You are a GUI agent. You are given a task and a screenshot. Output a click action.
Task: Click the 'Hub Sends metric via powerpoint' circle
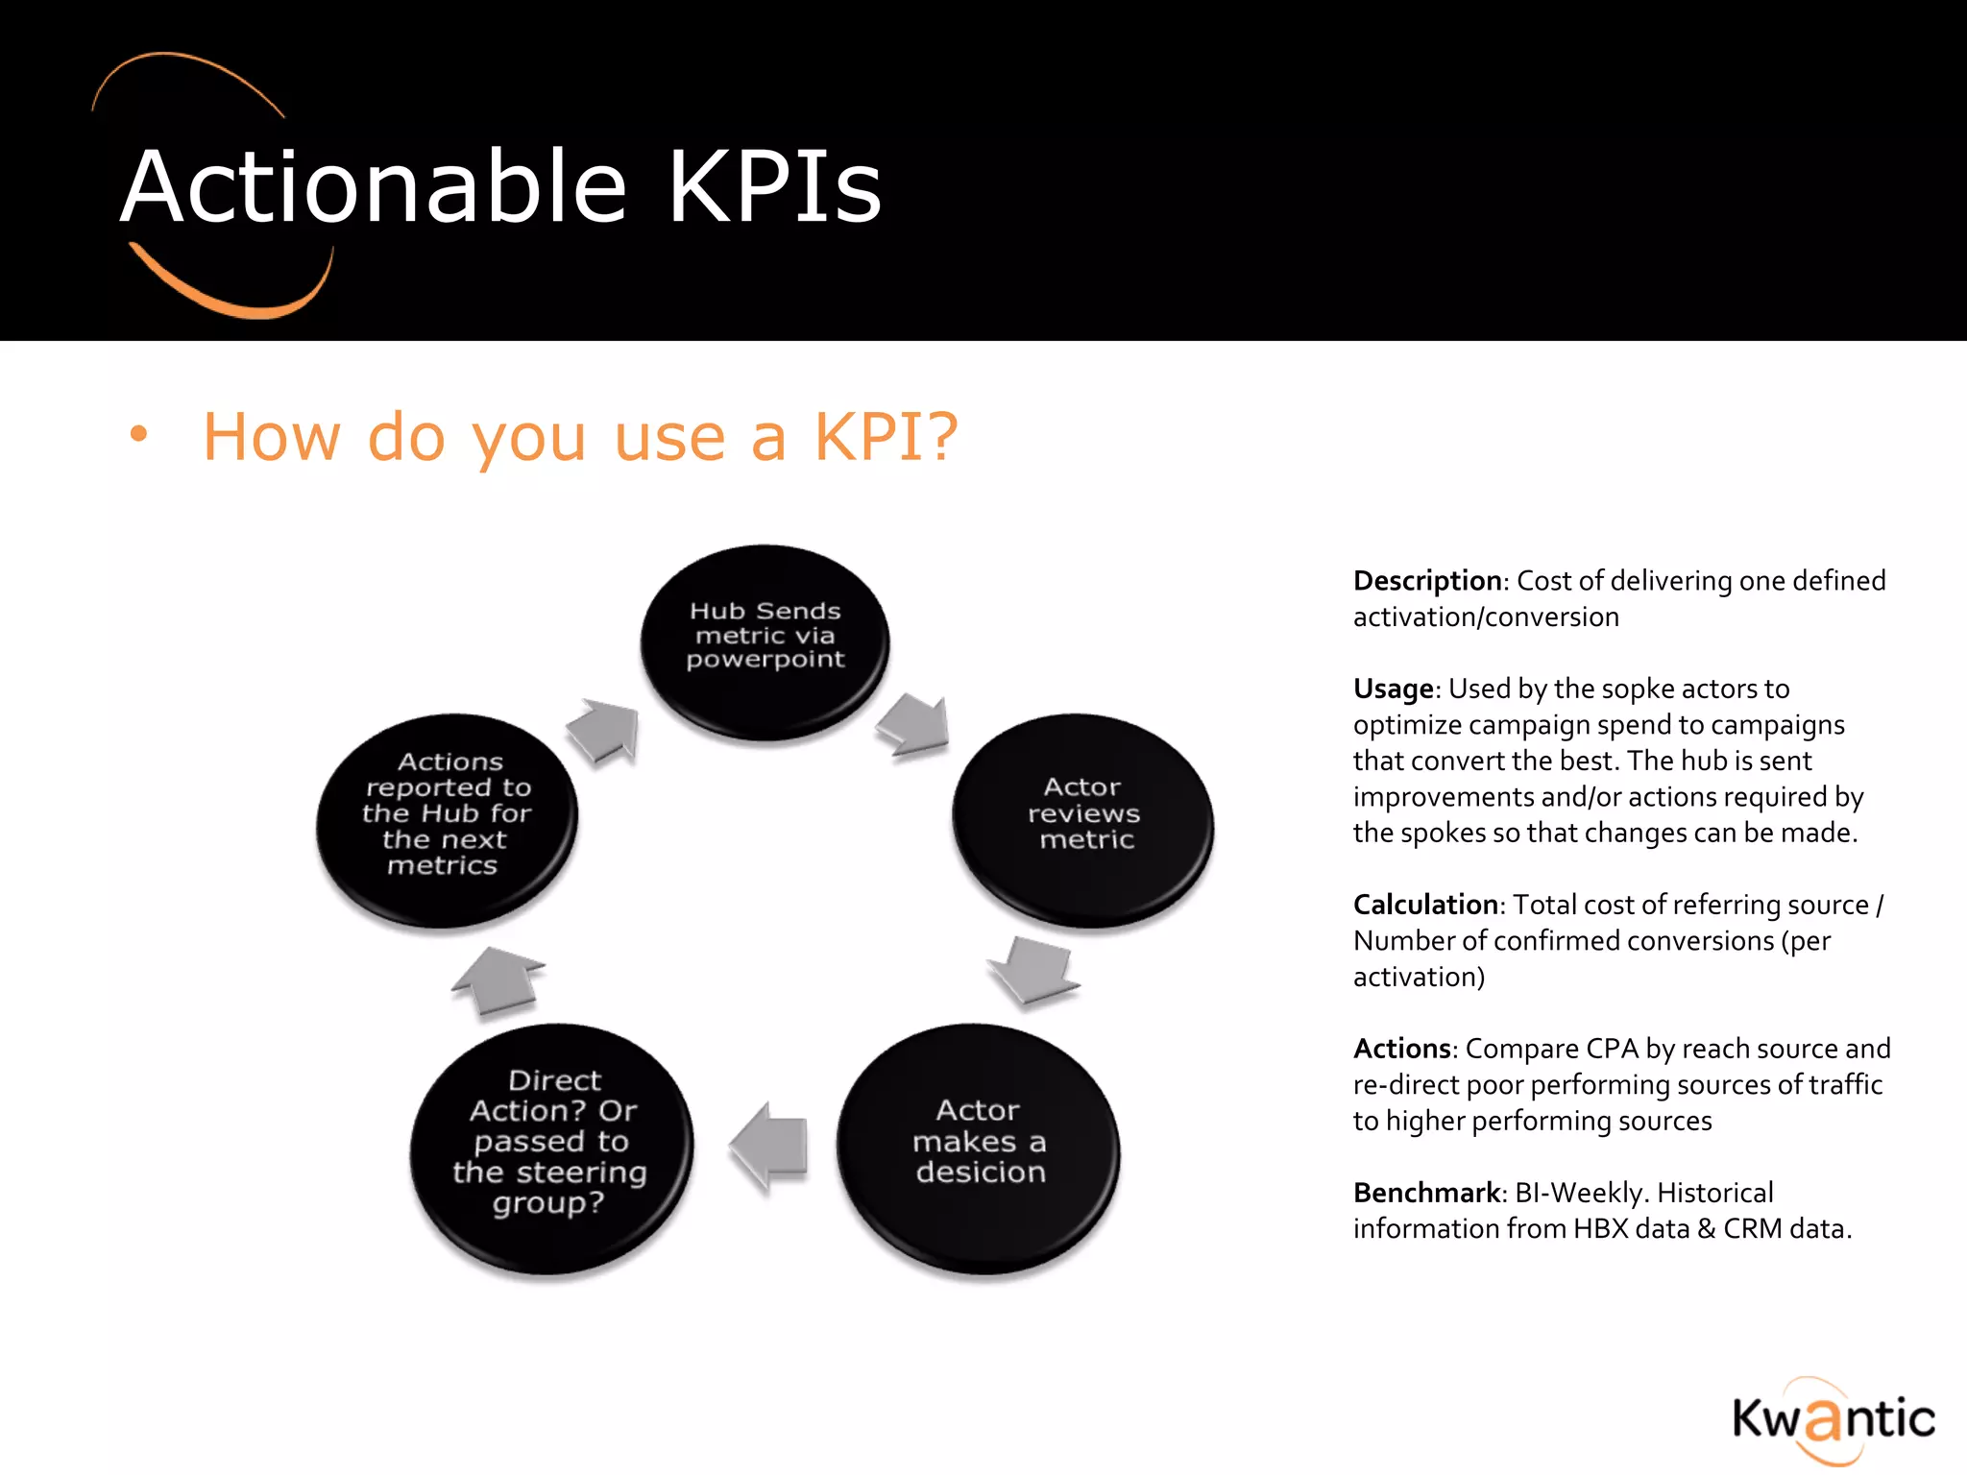pos(765,641)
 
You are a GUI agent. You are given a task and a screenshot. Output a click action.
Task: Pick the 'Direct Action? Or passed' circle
pos(551,1147)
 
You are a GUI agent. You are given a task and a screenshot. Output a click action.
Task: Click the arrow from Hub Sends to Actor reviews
pos(913,724)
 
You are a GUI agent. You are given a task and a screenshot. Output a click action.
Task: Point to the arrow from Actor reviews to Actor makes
pos(1033,970)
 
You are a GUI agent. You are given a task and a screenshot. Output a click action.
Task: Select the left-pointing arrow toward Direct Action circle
pos(769,1146)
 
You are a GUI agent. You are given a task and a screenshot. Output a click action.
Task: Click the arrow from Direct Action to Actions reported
pos(498,980)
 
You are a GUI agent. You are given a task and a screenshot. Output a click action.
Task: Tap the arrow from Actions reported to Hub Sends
pos(604,730)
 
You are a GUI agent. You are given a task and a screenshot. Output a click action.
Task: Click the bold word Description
pos(1427,581)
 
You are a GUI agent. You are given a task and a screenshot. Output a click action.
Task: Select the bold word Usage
pos(1393,689)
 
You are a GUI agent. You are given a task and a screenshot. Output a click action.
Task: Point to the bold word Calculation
pos(1425,905)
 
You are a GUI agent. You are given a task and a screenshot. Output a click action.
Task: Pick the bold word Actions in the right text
pos(1401,1049)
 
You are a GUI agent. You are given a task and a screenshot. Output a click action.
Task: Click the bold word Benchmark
pos(1427,1193)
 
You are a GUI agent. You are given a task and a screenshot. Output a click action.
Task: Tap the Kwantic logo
pos(1833,1419)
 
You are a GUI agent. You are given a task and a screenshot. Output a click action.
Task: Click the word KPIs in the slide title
pos(774,186)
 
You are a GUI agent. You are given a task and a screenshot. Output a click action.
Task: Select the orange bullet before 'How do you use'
pos(139,434)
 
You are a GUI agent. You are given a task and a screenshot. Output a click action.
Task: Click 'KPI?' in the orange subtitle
pos(886,437)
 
